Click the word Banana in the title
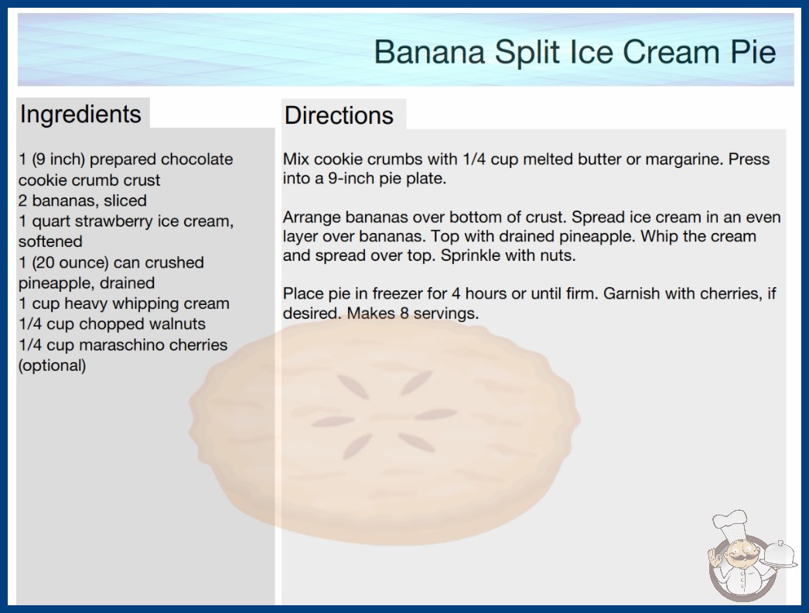(429, 52)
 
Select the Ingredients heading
(80, 115)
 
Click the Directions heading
(339, 115)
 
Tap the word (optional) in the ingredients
(52, 365)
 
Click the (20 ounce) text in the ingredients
(70, 263)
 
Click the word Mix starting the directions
(295, 159)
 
